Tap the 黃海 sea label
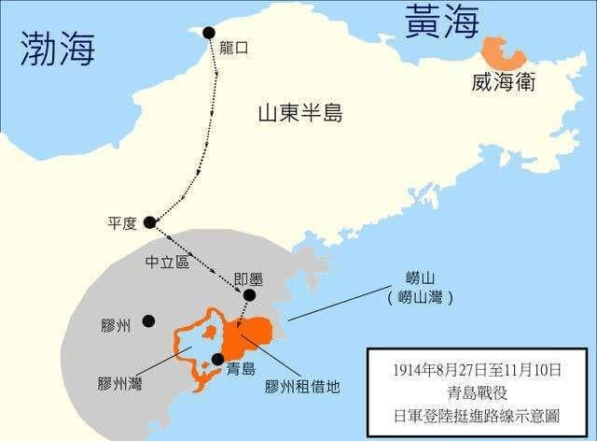[440, 21]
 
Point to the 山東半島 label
[300, 114]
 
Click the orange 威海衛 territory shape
[503, 54]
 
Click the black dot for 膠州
[148, 320]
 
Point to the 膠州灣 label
[118, 382]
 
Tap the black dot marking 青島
[217, 359]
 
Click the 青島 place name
[242, 369]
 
